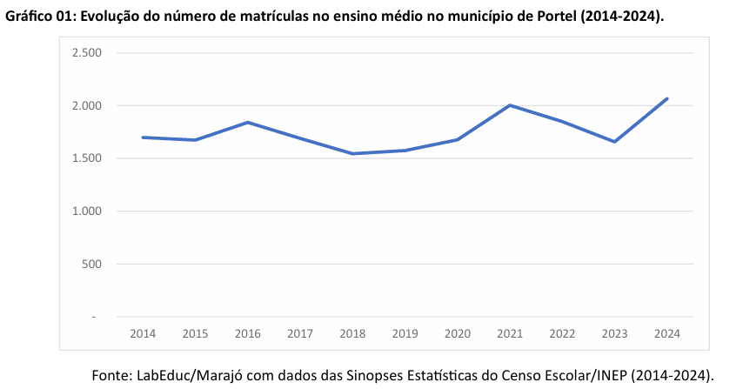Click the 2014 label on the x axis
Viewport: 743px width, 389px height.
pyautogui.click(x=143, y=333)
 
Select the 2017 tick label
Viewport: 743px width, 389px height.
pyautogui.click(x=300, y=333)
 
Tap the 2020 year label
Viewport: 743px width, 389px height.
pyautogui.click(x=458, y=333)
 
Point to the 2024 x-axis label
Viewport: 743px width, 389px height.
pyautogui.click(x=667, y=333)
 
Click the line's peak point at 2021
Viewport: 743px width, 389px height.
pyautogui.click(x=510, y=105)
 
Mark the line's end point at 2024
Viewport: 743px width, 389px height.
pyautogui.click(x=667, y=98)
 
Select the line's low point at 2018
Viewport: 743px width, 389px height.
pyautogui.click(x=352, y=154)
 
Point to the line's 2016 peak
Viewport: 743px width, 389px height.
pyautogui.click(x=248, y=122)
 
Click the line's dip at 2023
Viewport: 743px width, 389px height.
pyautogui.click(x=614, y=142)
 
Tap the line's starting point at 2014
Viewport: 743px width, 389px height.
pyautogui.click(x=143, y=137)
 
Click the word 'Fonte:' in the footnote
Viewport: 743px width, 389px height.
pyautogui.click(x=112, y=375)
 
